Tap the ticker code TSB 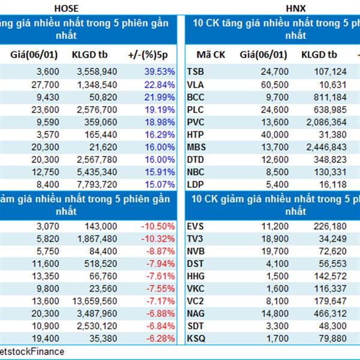coord(196,71)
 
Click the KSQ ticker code coord(197,338)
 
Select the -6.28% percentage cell coord(160,338)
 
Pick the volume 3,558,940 coord(94,71)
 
